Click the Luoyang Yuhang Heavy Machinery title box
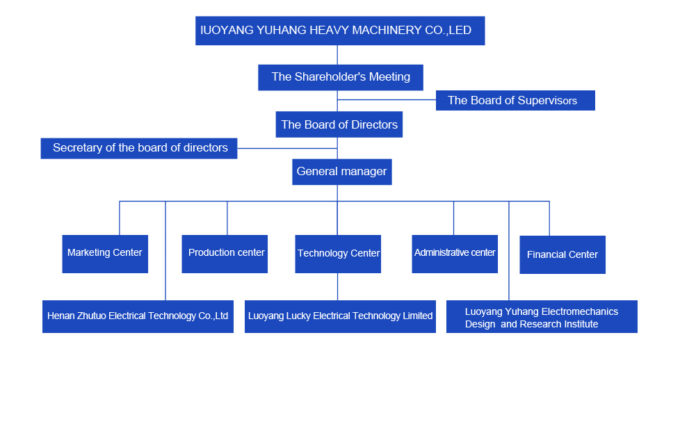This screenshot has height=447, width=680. pos(339,31)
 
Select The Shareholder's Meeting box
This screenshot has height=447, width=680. pos(340,77)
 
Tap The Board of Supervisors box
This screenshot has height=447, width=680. pos(515,100)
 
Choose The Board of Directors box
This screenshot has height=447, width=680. pos(339,124)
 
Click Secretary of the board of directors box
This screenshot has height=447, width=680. pos(138,148)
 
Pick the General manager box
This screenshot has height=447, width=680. pos(341,172)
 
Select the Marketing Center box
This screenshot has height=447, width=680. pos(104,254)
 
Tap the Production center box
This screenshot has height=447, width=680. pos(225,254)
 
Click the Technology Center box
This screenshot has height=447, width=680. pos(338,254)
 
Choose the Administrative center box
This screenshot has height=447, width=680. pos(455,254)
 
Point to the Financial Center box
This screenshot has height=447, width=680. pos(562,254)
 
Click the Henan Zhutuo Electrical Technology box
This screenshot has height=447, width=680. pos(138,316)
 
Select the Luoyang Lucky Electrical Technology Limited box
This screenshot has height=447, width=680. pos(340,316)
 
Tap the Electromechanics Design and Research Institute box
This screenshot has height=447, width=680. pos(542,316)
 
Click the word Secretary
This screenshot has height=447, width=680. pos(78,148)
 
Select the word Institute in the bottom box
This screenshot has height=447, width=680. pos(580,325)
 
